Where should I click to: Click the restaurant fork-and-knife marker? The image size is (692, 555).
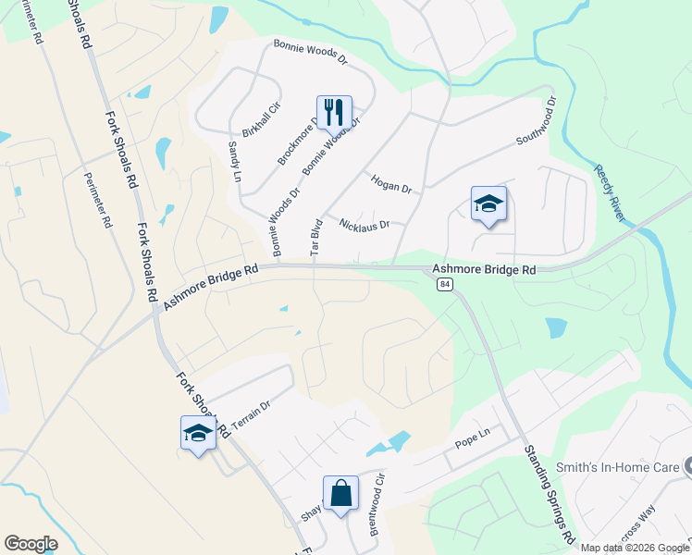click(x=334, y=113)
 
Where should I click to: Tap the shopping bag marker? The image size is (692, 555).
click(x=340, y=494)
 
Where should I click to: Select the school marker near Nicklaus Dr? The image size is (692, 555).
click(x=488, y=205)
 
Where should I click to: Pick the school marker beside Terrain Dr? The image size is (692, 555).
click(x=198, y=433)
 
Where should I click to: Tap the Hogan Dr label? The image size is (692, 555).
click(x=390, y=183)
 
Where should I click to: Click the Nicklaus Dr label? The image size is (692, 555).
click(x=365, y=225)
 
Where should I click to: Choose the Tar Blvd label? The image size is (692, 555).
click(x=315, y=236)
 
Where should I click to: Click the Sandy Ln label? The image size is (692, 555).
click(x=235, y=161)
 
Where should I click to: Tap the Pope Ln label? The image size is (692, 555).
click(x=472, y=443)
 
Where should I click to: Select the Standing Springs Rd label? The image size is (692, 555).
click(x=549, y=493)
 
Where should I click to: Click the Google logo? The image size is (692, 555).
click(x=31, y=544)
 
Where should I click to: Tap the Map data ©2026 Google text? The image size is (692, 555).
click(x=635, y=548)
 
